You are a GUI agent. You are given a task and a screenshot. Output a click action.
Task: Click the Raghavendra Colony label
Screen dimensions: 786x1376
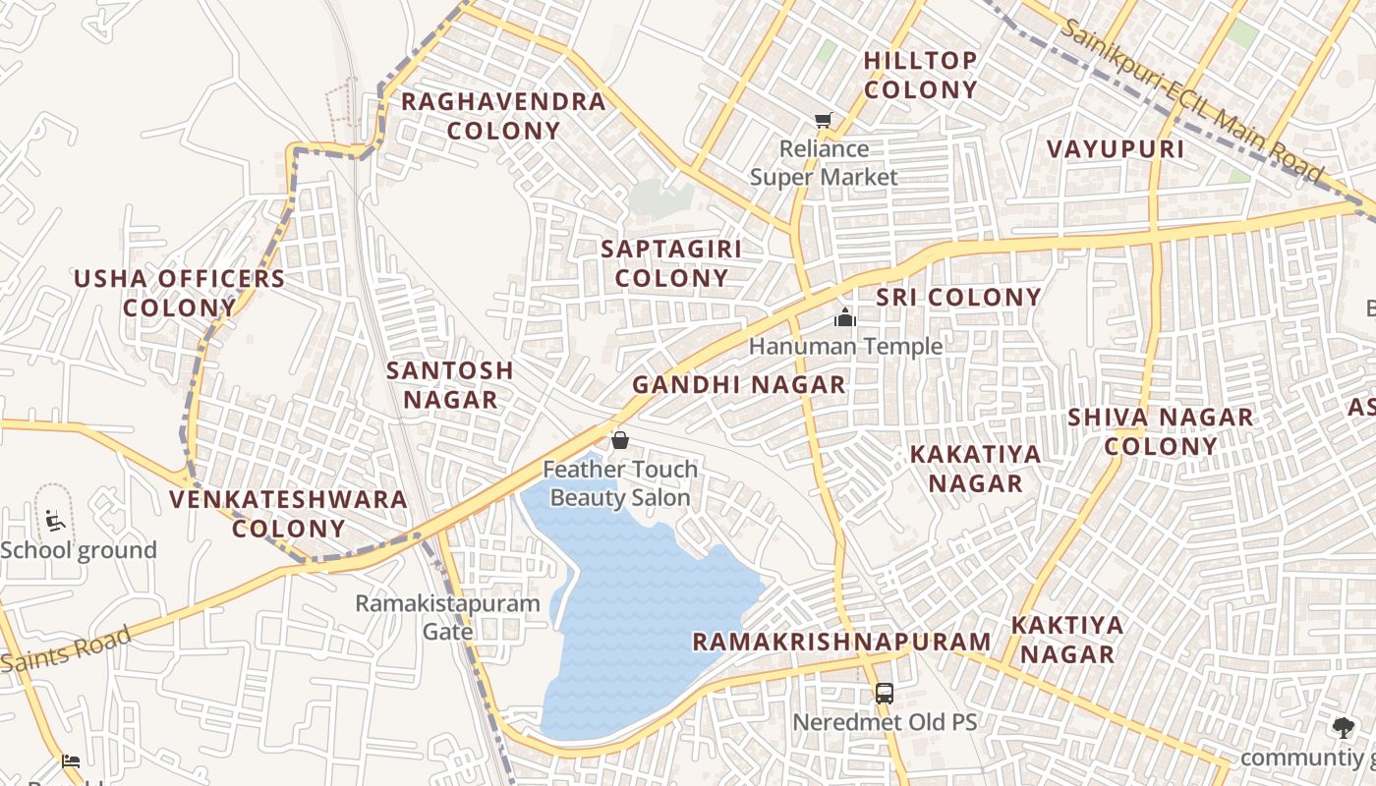(503, 116)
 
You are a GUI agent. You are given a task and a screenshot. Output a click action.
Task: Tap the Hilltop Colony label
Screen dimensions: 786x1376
(921, 75)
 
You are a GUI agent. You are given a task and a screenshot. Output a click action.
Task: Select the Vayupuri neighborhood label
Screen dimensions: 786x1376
(1115, 149)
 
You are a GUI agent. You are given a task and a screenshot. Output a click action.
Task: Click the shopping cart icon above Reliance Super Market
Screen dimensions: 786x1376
(823, 121)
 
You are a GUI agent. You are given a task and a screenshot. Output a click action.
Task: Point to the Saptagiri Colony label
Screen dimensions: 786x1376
(671, 263)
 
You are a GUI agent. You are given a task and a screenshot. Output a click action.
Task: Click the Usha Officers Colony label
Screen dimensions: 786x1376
(179, 293)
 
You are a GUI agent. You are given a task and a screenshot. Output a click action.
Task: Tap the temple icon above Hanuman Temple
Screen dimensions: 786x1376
(844, 317)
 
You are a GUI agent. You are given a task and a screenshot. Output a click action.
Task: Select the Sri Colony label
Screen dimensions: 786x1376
(958, 298)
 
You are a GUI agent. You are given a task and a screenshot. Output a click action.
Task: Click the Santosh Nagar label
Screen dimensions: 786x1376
(450, 385)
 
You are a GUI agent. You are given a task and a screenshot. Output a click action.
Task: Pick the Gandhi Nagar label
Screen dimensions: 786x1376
(739, 385)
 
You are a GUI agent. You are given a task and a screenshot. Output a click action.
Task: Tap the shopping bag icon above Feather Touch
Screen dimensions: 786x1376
(620, 440)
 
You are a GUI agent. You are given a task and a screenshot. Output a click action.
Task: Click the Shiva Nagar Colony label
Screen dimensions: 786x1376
(1161, 431)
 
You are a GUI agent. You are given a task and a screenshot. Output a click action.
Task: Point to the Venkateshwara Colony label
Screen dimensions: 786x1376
(288, 513)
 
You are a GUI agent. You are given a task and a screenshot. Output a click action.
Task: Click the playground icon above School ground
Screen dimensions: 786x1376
(55, 519)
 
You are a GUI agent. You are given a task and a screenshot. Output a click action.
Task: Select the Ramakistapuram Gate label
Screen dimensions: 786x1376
(448, 617)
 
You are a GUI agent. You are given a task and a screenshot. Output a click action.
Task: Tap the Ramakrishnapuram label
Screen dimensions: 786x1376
(842, 643)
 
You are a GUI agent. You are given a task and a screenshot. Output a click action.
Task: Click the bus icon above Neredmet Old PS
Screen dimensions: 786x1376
(885, 694)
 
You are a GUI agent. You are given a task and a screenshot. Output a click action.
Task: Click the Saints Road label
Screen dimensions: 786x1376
(67, 650)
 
